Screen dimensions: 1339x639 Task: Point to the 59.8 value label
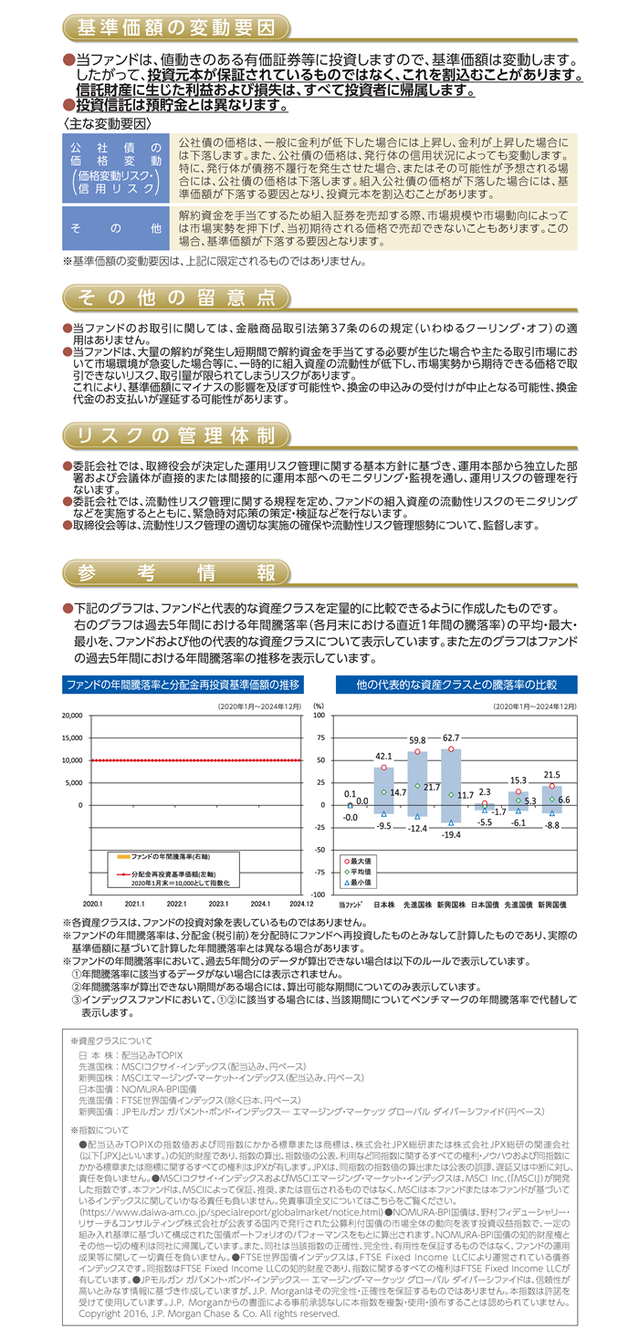(417, 739)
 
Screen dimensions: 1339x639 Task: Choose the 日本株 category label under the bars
(383, 903)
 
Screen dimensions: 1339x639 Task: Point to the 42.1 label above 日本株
(384, 756)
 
